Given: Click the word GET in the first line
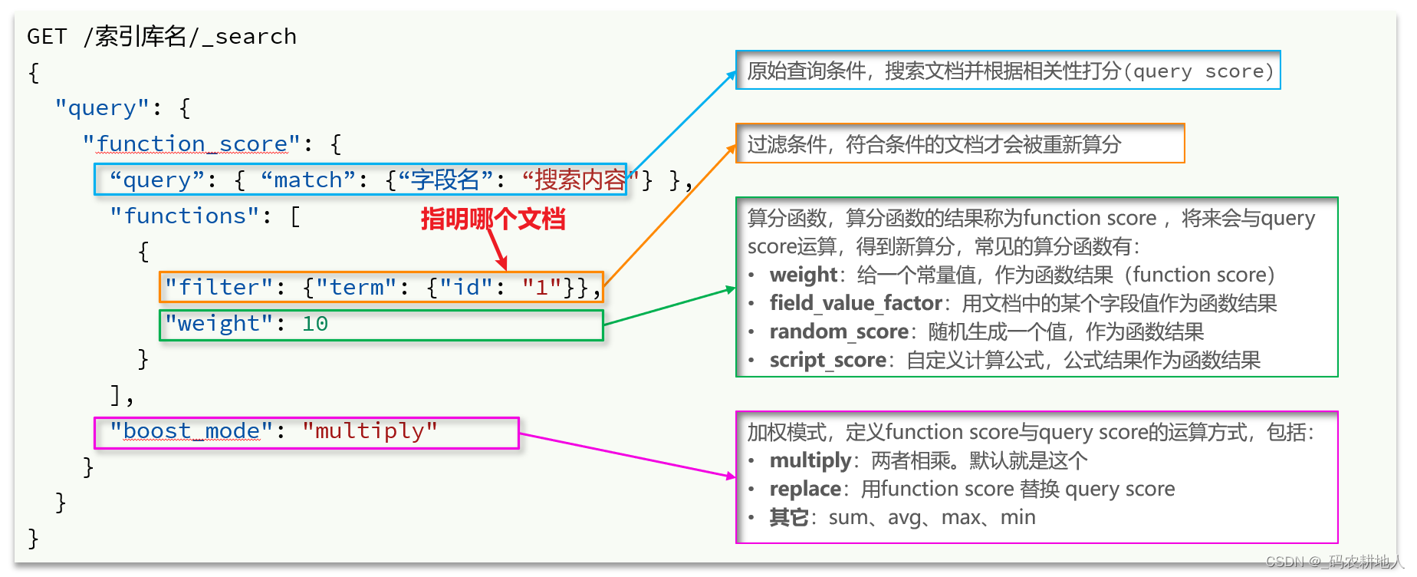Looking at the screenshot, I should click(47, 36).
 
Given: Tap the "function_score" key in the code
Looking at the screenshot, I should click(192, 143).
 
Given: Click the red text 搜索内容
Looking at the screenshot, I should click(580, 180).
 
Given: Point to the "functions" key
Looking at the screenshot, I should click(185, 216).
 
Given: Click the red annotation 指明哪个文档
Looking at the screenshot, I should click(492, 219).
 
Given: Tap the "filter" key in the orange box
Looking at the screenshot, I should click(219, 287).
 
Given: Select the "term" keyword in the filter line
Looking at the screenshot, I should click(357, 287).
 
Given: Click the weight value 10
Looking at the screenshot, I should click(314, 323).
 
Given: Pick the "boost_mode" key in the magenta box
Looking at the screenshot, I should click(191, 430).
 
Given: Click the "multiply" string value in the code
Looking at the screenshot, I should click(370, 430).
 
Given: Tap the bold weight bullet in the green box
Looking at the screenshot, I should click(803, 275).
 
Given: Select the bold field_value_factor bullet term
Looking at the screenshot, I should click(855, 303).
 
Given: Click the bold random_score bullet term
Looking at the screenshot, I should click(839, 331).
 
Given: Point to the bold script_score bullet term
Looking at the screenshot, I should click(827, 360).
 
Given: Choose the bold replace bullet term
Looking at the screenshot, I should click(804, 489).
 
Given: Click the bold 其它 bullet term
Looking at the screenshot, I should click(788, 517).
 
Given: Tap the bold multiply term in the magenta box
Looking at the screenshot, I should click(810, 460).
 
